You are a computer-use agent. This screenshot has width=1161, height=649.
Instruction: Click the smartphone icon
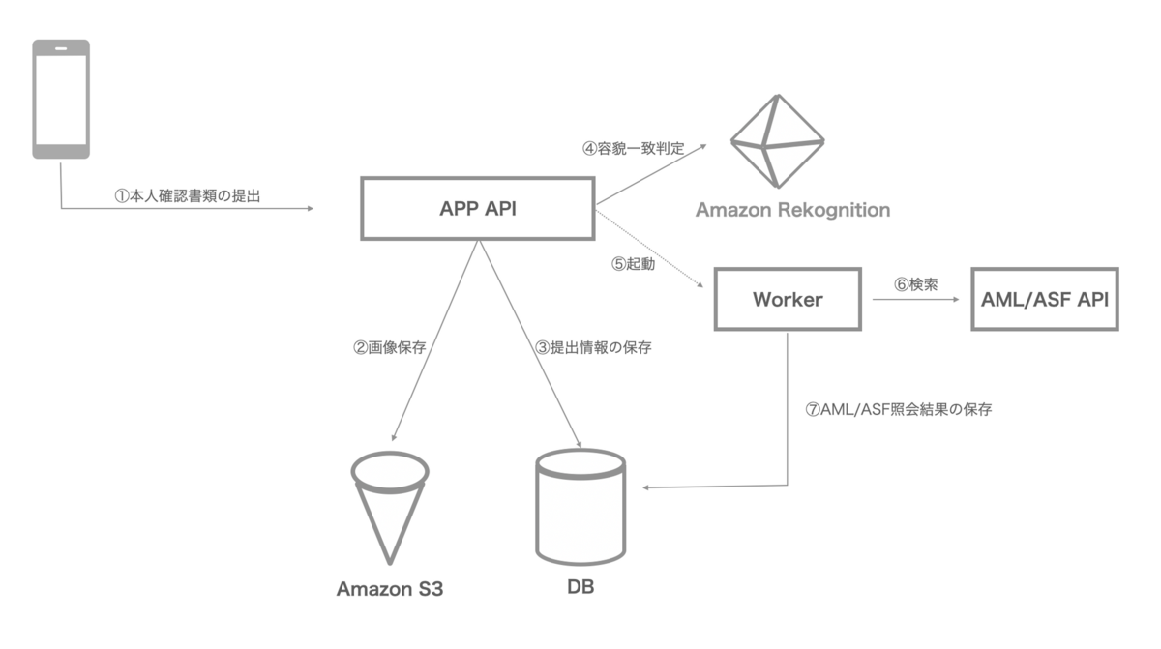(61, 99)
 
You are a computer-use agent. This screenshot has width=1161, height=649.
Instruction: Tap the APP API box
(477, 208)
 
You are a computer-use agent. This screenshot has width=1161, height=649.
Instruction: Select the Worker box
(788, 299)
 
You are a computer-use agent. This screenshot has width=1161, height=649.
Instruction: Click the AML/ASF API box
(1044, 299)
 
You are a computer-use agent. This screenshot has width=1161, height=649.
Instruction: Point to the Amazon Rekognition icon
(776, 141)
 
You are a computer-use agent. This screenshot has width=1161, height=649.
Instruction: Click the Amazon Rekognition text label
(792, 210)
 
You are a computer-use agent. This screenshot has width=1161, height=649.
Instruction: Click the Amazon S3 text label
(389, 588)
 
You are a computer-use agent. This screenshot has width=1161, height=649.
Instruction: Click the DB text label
(580, 587)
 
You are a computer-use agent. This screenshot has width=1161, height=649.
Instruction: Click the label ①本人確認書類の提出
(188, 194)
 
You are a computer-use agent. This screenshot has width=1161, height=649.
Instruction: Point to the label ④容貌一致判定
(633, 149)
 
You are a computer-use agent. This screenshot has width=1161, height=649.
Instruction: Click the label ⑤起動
(634, 264)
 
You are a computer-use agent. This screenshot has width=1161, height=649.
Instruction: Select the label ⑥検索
(914, 284)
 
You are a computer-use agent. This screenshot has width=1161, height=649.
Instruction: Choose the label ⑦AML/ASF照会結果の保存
(898, 409)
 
